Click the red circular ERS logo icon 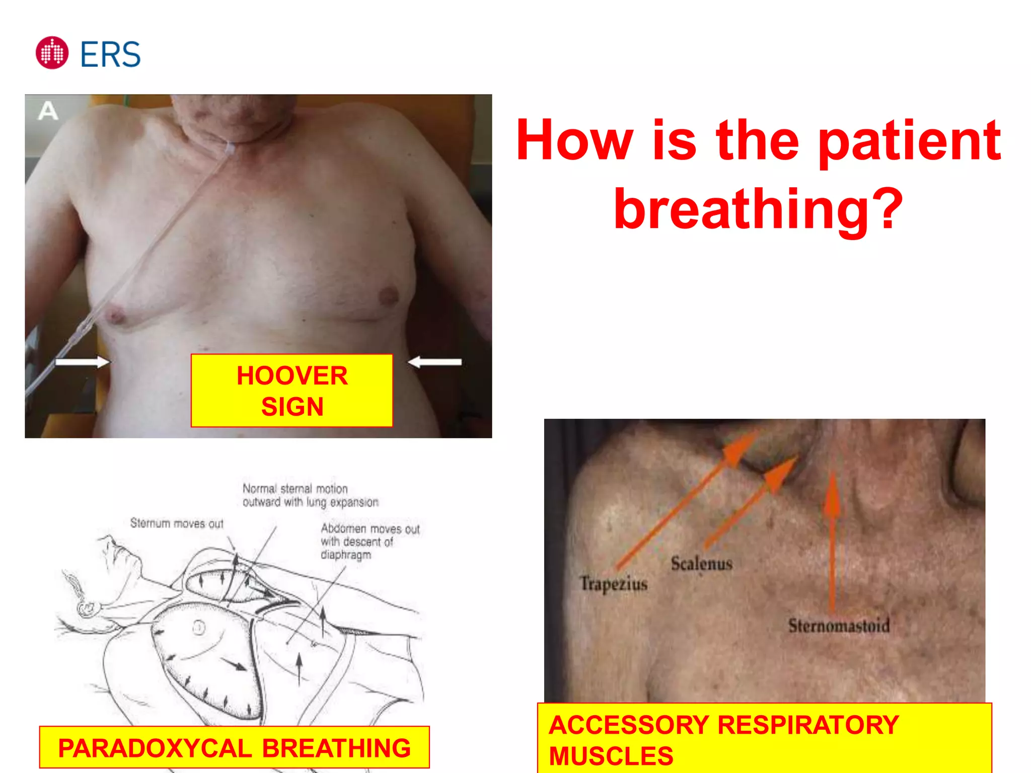52,53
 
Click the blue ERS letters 110,54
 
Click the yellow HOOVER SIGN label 291,391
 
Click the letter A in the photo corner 48,111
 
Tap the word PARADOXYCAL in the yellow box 155,748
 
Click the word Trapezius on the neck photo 614,584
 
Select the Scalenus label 701,564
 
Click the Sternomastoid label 839,626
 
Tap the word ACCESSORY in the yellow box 629,725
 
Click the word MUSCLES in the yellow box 611,756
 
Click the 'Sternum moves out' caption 177,523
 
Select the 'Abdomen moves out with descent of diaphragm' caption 370,542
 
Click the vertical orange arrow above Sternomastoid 832,544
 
